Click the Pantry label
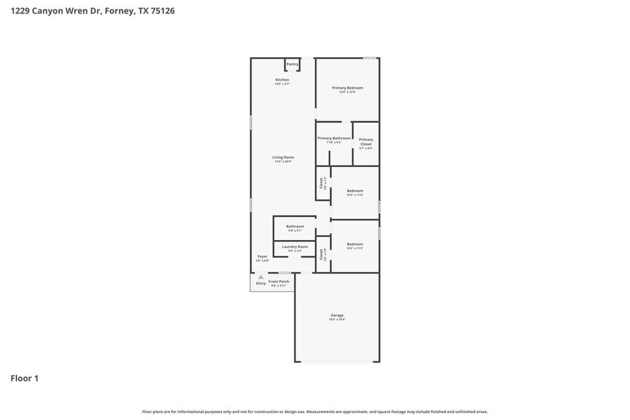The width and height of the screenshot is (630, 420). [292, 64]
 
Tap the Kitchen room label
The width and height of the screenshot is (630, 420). [282, 79]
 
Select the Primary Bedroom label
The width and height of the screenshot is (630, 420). [347, 88]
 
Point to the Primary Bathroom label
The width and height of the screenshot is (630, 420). [334, 138]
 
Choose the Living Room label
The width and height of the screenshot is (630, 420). [283, 157]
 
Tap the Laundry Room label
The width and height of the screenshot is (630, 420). [295, 246]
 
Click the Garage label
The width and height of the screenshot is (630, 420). [337, 315]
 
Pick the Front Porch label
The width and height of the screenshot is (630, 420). [279, 281]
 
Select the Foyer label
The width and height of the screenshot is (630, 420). [262, 256]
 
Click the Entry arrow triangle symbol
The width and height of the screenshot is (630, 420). [261, 276]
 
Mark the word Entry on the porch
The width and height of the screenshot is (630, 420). [261, 283]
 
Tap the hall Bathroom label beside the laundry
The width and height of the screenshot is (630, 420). [295, 226]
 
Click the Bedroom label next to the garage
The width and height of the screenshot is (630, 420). [355, 244]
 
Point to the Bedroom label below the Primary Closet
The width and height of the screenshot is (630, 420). [355, 191]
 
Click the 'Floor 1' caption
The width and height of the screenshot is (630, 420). [24, 378]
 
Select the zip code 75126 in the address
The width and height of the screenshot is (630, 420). [161, 11]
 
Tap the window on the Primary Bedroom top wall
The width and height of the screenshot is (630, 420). [369, 58]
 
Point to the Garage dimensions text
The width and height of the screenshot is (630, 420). [337, 320]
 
